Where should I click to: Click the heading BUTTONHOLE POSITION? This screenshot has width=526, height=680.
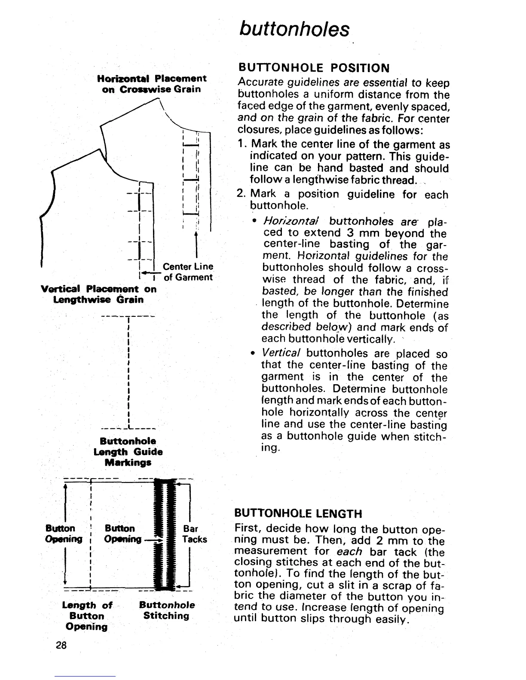coord(314,68)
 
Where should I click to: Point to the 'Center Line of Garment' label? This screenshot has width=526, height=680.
coord(188,272)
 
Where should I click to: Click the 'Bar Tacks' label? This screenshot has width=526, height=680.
coord(194,534)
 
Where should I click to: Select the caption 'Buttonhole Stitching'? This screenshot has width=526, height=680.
coord(167,610)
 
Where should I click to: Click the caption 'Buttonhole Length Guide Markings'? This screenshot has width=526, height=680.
coord(128,452)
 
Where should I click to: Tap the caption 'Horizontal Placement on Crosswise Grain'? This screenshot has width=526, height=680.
coord(152,84)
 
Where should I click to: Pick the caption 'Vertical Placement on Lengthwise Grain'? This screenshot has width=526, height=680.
coord(99,294)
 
